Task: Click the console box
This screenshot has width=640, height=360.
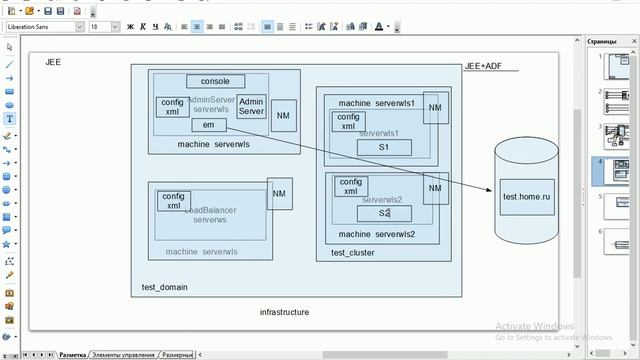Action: [x=215, y=81]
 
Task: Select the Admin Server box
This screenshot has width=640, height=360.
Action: [x=252, y=107]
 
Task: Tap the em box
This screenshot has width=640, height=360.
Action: [x=208, y=125]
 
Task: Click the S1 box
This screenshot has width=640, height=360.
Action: [x=383, y=147]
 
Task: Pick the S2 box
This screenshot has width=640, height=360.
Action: [x=384, y=213]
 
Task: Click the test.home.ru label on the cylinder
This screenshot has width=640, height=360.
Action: [x=526, y=197]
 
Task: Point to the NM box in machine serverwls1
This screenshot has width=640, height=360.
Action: [x=435, y=109]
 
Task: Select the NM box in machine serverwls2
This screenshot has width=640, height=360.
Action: [x=435, y=189]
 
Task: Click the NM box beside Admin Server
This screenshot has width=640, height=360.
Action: [x=283, y=115]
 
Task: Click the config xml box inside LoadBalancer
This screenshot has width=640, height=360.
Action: [x=174, y=200]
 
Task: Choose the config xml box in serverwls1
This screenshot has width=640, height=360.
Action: [x=348, y=121]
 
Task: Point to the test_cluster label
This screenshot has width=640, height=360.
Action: [x=352, y=253]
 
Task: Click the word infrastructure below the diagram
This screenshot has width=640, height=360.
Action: [x=284, y=312]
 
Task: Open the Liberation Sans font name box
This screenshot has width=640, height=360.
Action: [x=40, y=27]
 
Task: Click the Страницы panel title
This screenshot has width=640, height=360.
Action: [x=602, y=42]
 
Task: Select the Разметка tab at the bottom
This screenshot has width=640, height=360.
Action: [x=72, y=355]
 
